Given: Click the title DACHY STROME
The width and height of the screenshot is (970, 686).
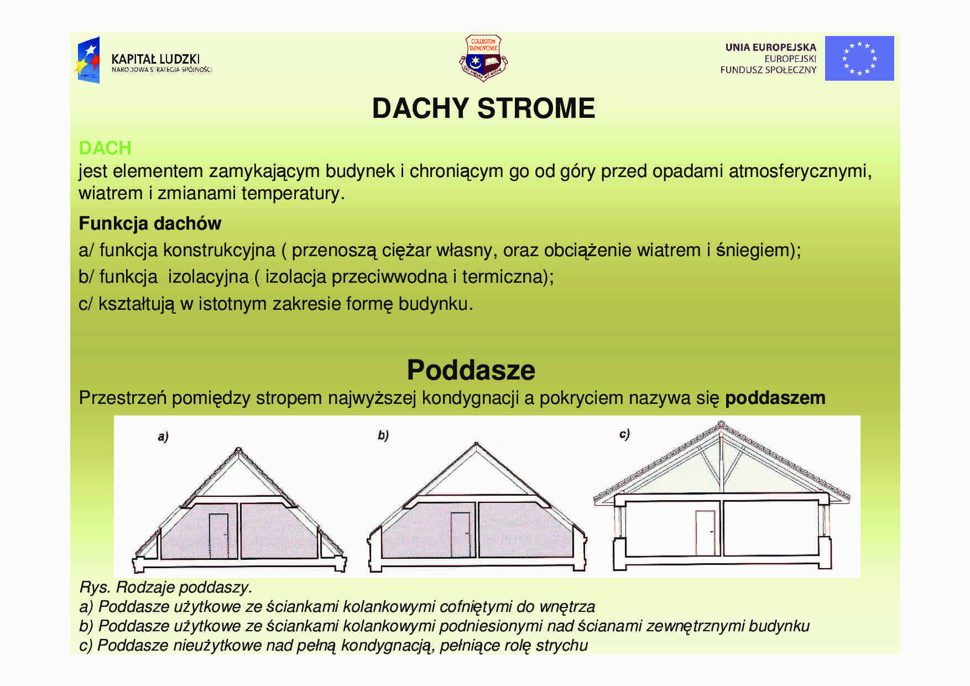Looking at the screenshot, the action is pos(483,108).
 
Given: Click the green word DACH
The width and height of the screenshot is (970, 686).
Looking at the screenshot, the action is pos(105,148).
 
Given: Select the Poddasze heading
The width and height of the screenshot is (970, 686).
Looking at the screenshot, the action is pos(471,370).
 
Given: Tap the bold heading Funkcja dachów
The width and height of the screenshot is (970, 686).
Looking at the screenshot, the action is pos(150,224).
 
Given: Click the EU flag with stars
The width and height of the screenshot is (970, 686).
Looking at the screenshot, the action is pos(859,58).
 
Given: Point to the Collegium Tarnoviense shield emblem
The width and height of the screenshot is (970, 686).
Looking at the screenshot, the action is pos(483,58).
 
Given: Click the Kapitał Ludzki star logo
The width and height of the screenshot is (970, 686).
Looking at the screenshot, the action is pos(88,60).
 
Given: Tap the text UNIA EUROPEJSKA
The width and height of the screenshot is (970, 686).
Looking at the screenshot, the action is pos(770,48).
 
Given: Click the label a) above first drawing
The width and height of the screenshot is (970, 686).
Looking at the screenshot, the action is pos(163,436).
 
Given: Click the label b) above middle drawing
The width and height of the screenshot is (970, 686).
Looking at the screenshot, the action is pos(383,435).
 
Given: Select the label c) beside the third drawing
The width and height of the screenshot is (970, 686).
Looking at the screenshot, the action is pos(624,434).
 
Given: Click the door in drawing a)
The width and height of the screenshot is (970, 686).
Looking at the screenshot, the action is pos(218,536).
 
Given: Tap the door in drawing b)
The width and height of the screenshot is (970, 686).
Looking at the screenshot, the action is pos(460,534).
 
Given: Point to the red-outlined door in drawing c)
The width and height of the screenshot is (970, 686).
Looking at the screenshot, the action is pos(705,532).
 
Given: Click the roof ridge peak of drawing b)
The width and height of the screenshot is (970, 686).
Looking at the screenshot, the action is pos(476,444).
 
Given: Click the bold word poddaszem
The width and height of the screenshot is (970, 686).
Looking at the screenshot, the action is pos(775,398).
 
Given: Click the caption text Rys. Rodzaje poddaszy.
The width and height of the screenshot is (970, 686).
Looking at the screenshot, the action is pos(166,587).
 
